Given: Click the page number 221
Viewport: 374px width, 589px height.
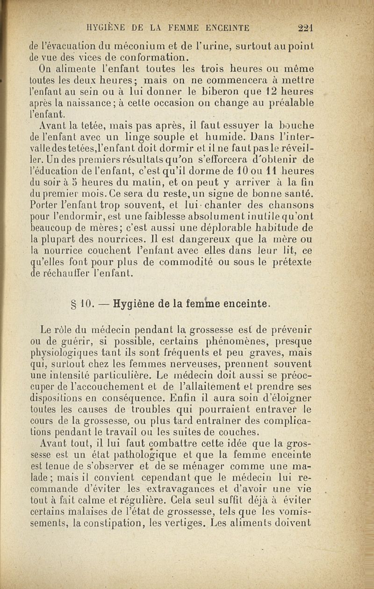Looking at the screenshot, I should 305,27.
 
